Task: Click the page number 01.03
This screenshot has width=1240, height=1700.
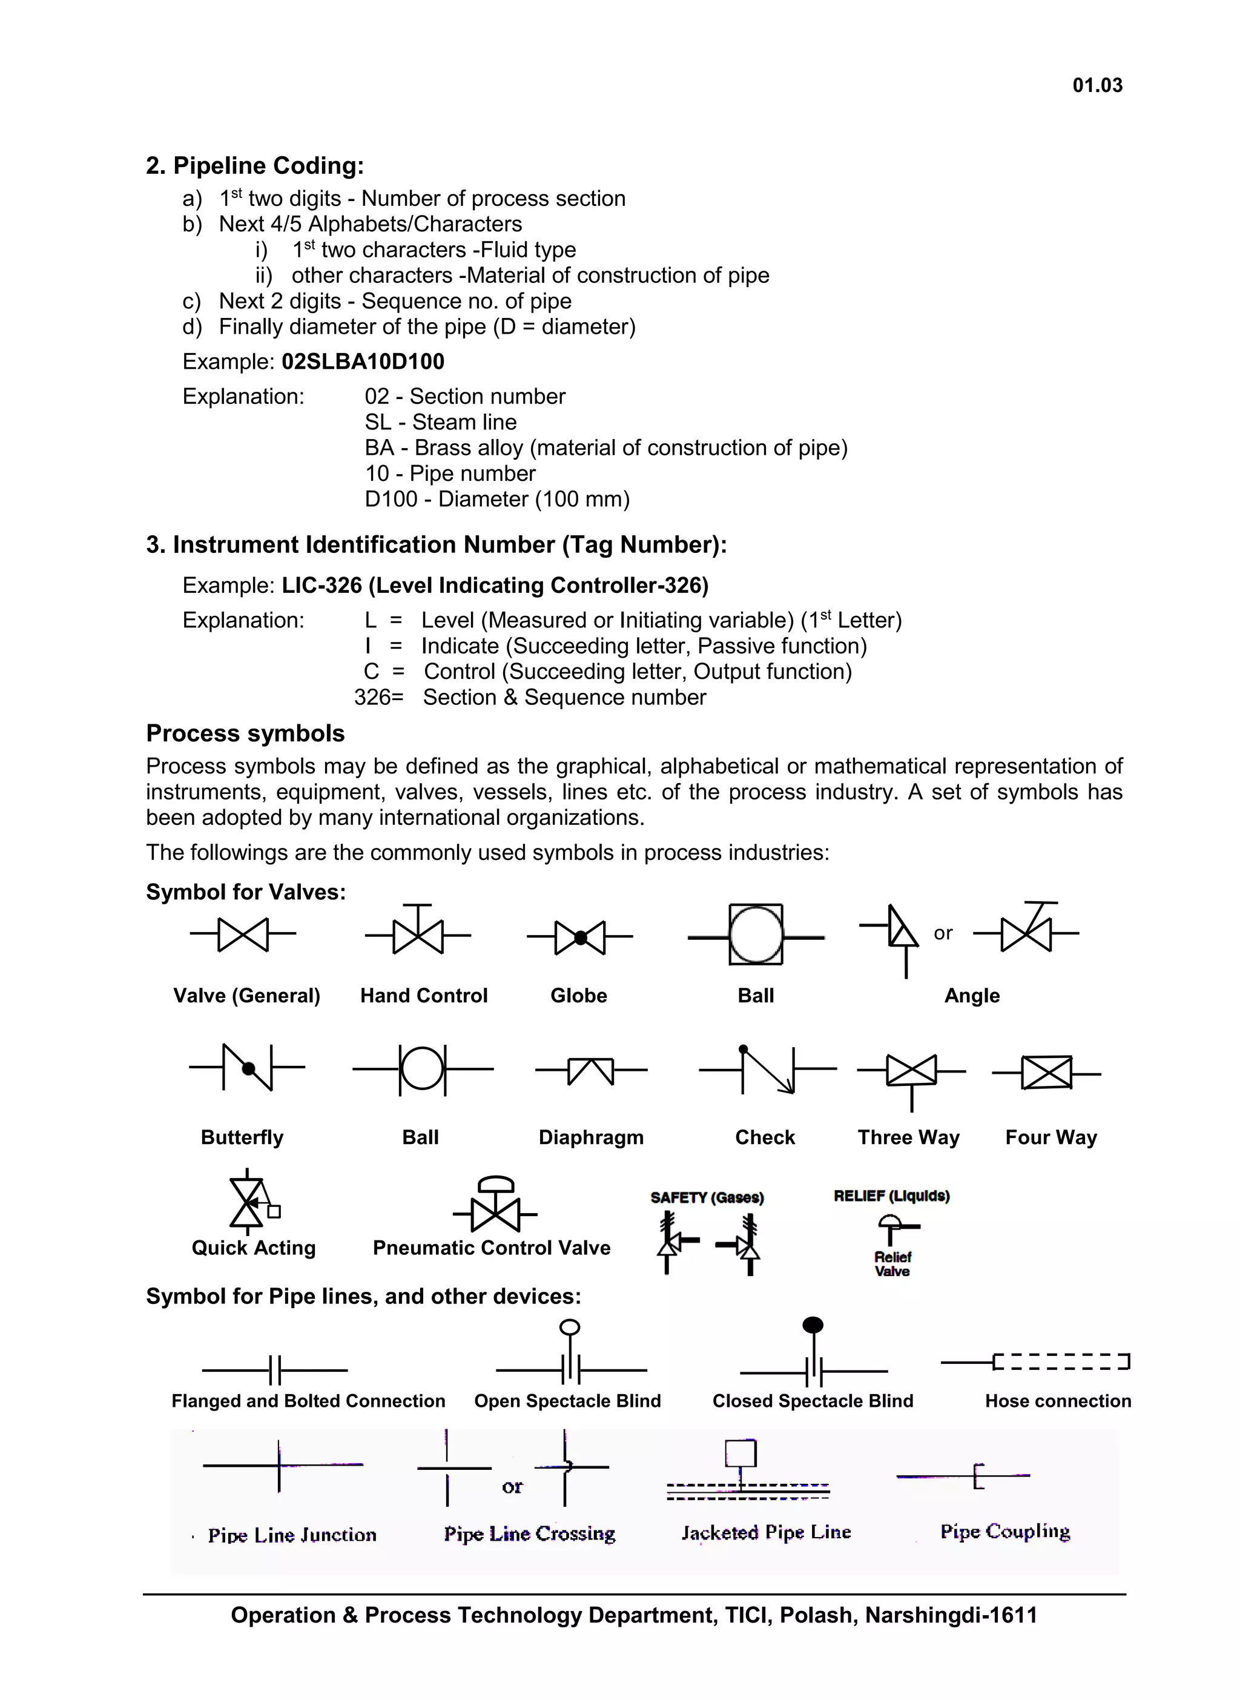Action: (1097, 85)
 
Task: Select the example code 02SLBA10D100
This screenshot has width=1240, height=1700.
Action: (363, 362)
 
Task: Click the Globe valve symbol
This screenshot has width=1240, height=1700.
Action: (580, 937)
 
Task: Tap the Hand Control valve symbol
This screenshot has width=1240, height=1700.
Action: (418, 933)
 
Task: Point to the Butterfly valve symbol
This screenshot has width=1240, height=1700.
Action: (248, 1067)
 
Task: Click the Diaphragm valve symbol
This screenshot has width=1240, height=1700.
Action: (592, 1070)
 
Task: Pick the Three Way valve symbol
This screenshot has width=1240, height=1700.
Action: (911, 1072)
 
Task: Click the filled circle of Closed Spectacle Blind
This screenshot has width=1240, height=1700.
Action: (813, 1325)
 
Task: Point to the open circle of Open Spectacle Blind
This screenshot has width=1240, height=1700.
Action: (570, 1328)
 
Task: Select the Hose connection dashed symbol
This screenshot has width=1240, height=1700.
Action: (1061, 1362)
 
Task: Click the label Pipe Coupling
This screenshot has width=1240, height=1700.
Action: (1005, 1532)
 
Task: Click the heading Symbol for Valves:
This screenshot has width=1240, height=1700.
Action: (245, 892)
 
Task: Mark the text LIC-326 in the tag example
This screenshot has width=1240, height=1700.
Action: (322, 586)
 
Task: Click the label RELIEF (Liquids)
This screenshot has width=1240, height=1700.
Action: (891, 1196)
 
